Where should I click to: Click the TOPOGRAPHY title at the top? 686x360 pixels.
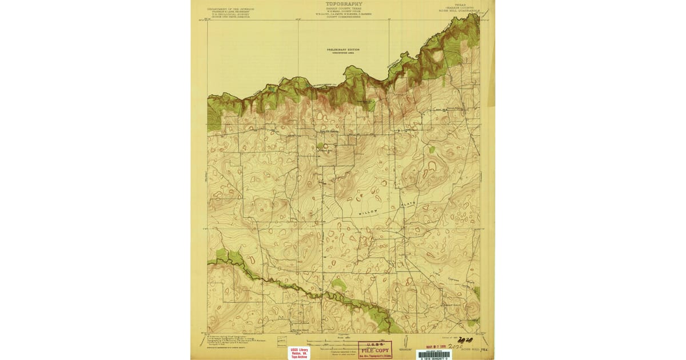pos(343,3)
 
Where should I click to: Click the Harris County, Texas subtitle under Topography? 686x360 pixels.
pos(343,8)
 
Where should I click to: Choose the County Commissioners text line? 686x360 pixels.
pos(343,17)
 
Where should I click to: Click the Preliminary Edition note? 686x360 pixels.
pos(343,50)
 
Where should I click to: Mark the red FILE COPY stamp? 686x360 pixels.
pos(375,350)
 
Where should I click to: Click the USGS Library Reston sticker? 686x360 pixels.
pos(300,353)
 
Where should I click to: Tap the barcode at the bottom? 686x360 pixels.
pos(434,354)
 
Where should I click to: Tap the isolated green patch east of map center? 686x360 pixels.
pos(432,150)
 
